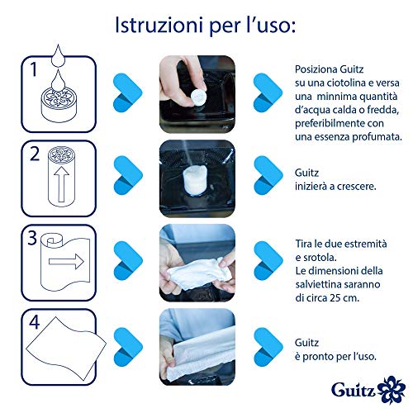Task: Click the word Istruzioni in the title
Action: pyautogui.click(x=157, y=25)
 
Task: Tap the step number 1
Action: pyautogui.click(x=34, y=69)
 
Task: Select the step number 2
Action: pyautogui.click(x=35, y=154)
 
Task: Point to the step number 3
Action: pyautogui.click(x=32, y=238)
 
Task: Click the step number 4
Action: pyautogui.click(x=35, y=322)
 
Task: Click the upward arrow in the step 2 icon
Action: pyautogui.click(x=61, y=184)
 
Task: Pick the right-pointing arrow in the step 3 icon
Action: pyautogui.click(x=66, y=261)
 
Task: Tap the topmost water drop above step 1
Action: pyautogui.click(x=58, y=55)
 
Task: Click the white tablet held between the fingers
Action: pyautogui.click(x=198, y=97)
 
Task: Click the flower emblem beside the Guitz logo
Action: pyautogui.click(x=391, y=388)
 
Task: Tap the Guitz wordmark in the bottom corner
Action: pyautogui.click(x=354, y=389)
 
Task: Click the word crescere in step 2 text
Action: pyautogui.click(x=356, y=187)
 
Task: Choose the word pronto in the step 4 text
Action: pyautogui.click(x=318, y=357)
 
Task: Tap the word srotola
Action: pyautogui.click(x=319, y=258)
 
